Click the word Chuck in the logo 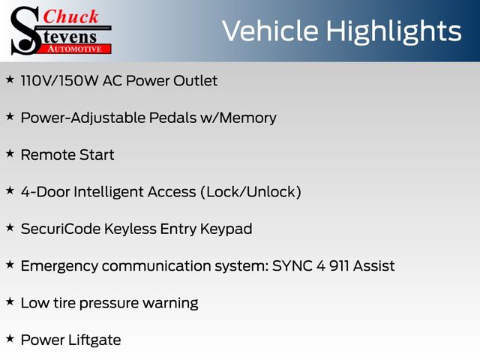(x=70, y=16)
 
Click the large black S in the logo (x=25, y=31)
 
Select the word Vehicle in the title (x=270, y=31)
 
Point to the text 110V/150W (x=60, y=81)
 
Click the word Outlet (x=195, y=81)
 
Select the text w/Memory (x=238, y=118)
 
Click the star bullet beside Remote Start (x=10, y=153)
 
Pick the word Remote (x=48, y=155)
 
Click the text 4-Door (x=45, y=192)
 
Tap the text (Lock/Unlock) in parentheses (x=250, y=192)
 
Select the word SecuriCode (x=61, y=229)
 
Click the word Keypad (x=226, y=229)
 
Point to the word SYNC (x=292, y=266)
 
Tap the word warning (x=170, y=304)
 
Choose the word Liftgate (x=94, y=340)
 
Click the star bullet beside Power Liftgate (x=10, y=338)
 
